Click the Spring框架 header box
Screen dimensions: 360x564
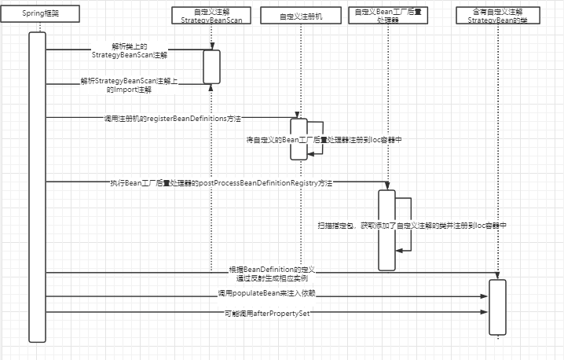38,15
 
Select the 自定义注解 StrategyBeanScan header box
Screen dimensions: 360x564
211,15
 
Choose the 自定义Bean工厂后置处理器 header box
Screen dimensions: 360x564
386,15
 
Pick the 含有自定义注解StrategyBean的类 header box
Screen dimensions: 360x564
497,15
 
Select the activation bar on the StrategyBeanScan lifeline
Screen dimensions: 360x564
211,66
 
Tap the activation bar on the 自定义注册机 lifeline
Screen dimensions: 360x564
298,138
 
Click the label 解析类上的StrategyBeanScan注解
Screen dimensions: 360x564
140,52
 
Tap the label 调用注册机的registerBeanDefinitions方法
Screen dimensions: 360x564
172,118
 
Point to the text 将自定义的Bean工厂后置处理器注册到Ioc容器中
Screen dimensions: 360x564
324,139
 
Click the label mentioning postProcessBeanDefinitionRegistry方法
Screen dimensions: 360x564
221,182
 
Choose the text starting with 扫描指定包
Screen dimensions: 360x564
411,225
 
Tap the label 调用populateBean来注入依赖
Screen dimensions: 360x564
267,293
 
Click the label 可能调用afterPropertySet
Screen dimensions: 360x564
267,313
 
